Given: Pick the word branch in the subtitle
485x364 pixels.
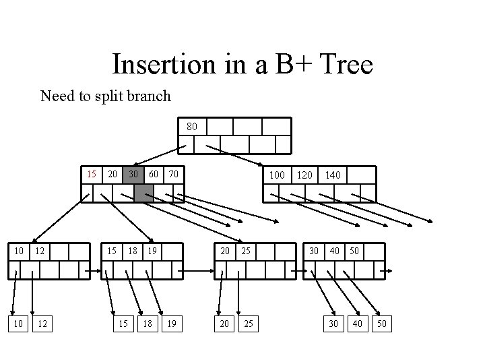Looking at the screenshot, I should click(149, 96).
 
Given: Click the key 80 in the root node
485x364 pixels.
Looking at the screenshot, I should click(192, 126).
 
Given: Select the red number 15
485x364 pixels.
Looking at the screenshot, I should click(93, 175).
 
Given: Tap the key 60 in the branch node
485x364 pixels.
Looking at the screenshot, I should click(154, 175).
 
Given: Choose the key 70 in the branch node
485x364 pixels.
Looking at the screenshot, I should click(174, 175).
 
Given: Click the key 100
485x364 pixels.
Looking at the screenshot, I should click(276, 175).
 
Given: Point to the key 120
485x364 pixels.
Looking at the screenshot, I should click(304, 175).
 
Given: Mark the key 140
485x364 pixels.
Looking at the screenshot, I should click(333, 175).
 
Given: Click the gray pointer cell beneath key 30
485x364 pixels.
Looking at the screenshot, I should click(143, 193).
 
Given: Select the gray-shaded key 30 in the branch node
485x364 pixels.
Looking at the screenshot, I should click(134, 175).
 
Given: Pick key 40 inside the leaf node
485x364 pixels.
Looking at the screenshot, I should click(335, 251).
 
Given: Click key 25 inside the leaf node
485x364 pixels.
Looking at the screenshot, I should click(247, 251).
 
